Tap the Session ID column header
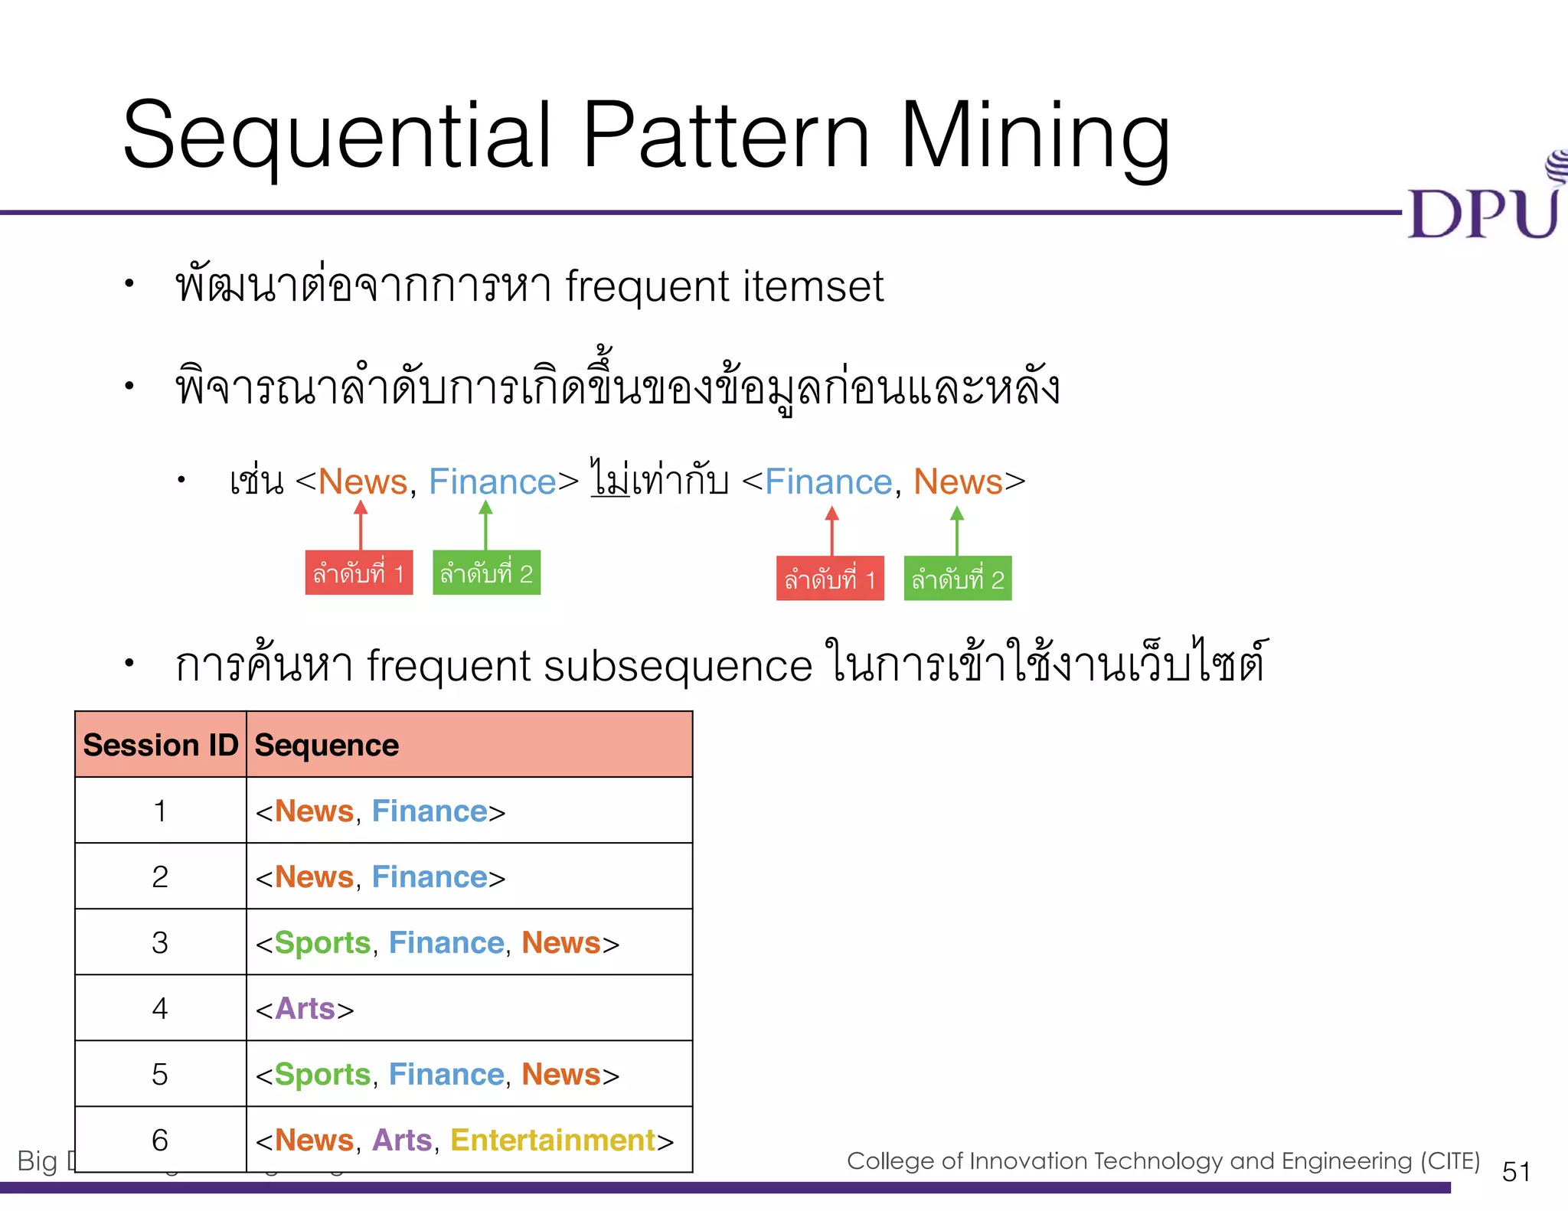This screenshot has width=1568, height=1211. (x=161, y=745)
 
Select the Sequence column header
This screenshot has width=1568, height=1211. (x=327, y=745)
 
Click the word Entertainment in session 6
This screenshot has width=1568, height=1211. (x=553, y=1140)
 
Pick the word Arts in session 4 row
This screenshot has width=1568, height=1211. (x=305, y=1008)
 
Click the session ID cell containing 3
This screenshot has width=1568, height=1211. (x=160, y=942)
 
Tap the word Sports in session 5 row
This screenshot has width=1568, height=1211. (x=322, y=1074)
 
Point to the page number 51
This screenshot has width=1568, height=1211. (x=1516, y=1171)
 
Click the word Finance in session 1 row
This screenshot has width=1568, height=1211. (x=430, y=811)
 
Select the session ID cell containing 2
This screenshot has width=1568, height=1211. (x=160, y=876)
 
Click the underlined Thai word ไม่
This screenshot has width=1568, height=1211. (x=610, y=479)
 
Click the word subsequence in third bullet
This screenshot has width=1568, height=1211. (x=678, y=665)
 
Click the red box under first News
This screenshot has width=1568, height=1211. (x=358, y=573)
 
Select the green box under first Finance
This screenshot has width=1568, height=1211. (x=486, y=573)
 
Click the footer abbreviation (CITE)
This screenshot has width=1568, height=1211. (x=1450, y=1160)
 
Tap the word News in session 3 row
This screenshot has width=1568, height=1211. (x=561, y=942)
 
